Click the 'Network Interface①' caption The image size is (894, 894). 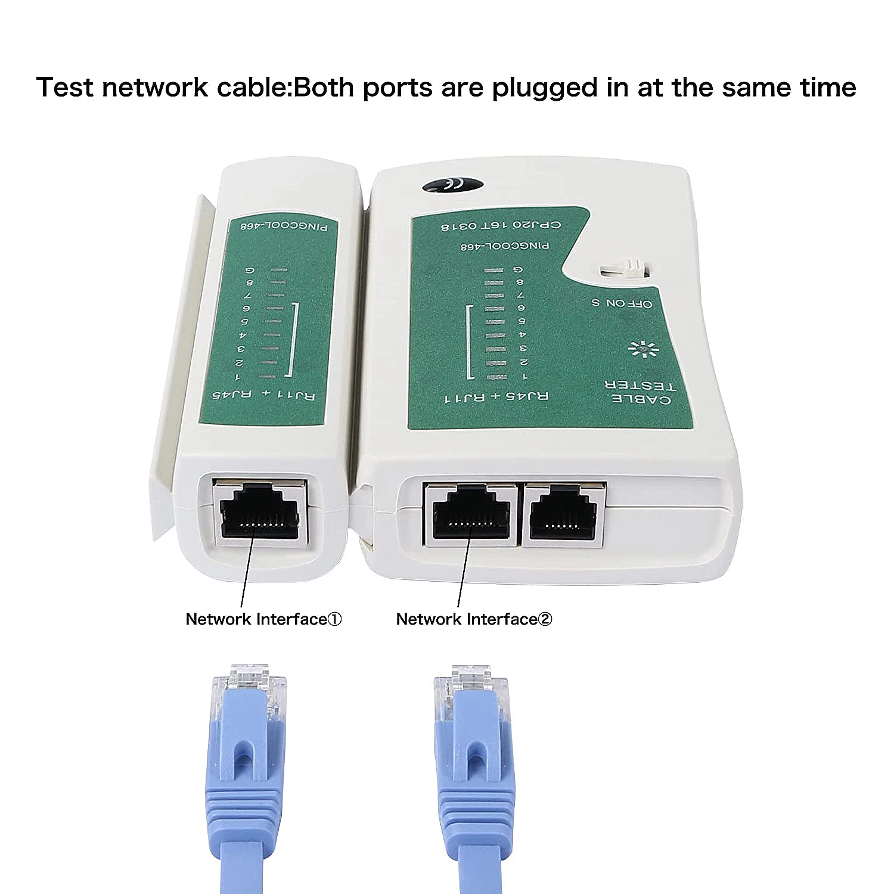(263, 619)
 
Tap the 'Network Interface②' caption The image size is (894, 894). (474, 619)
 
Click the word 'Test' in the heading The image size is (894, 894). (64, 87)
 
